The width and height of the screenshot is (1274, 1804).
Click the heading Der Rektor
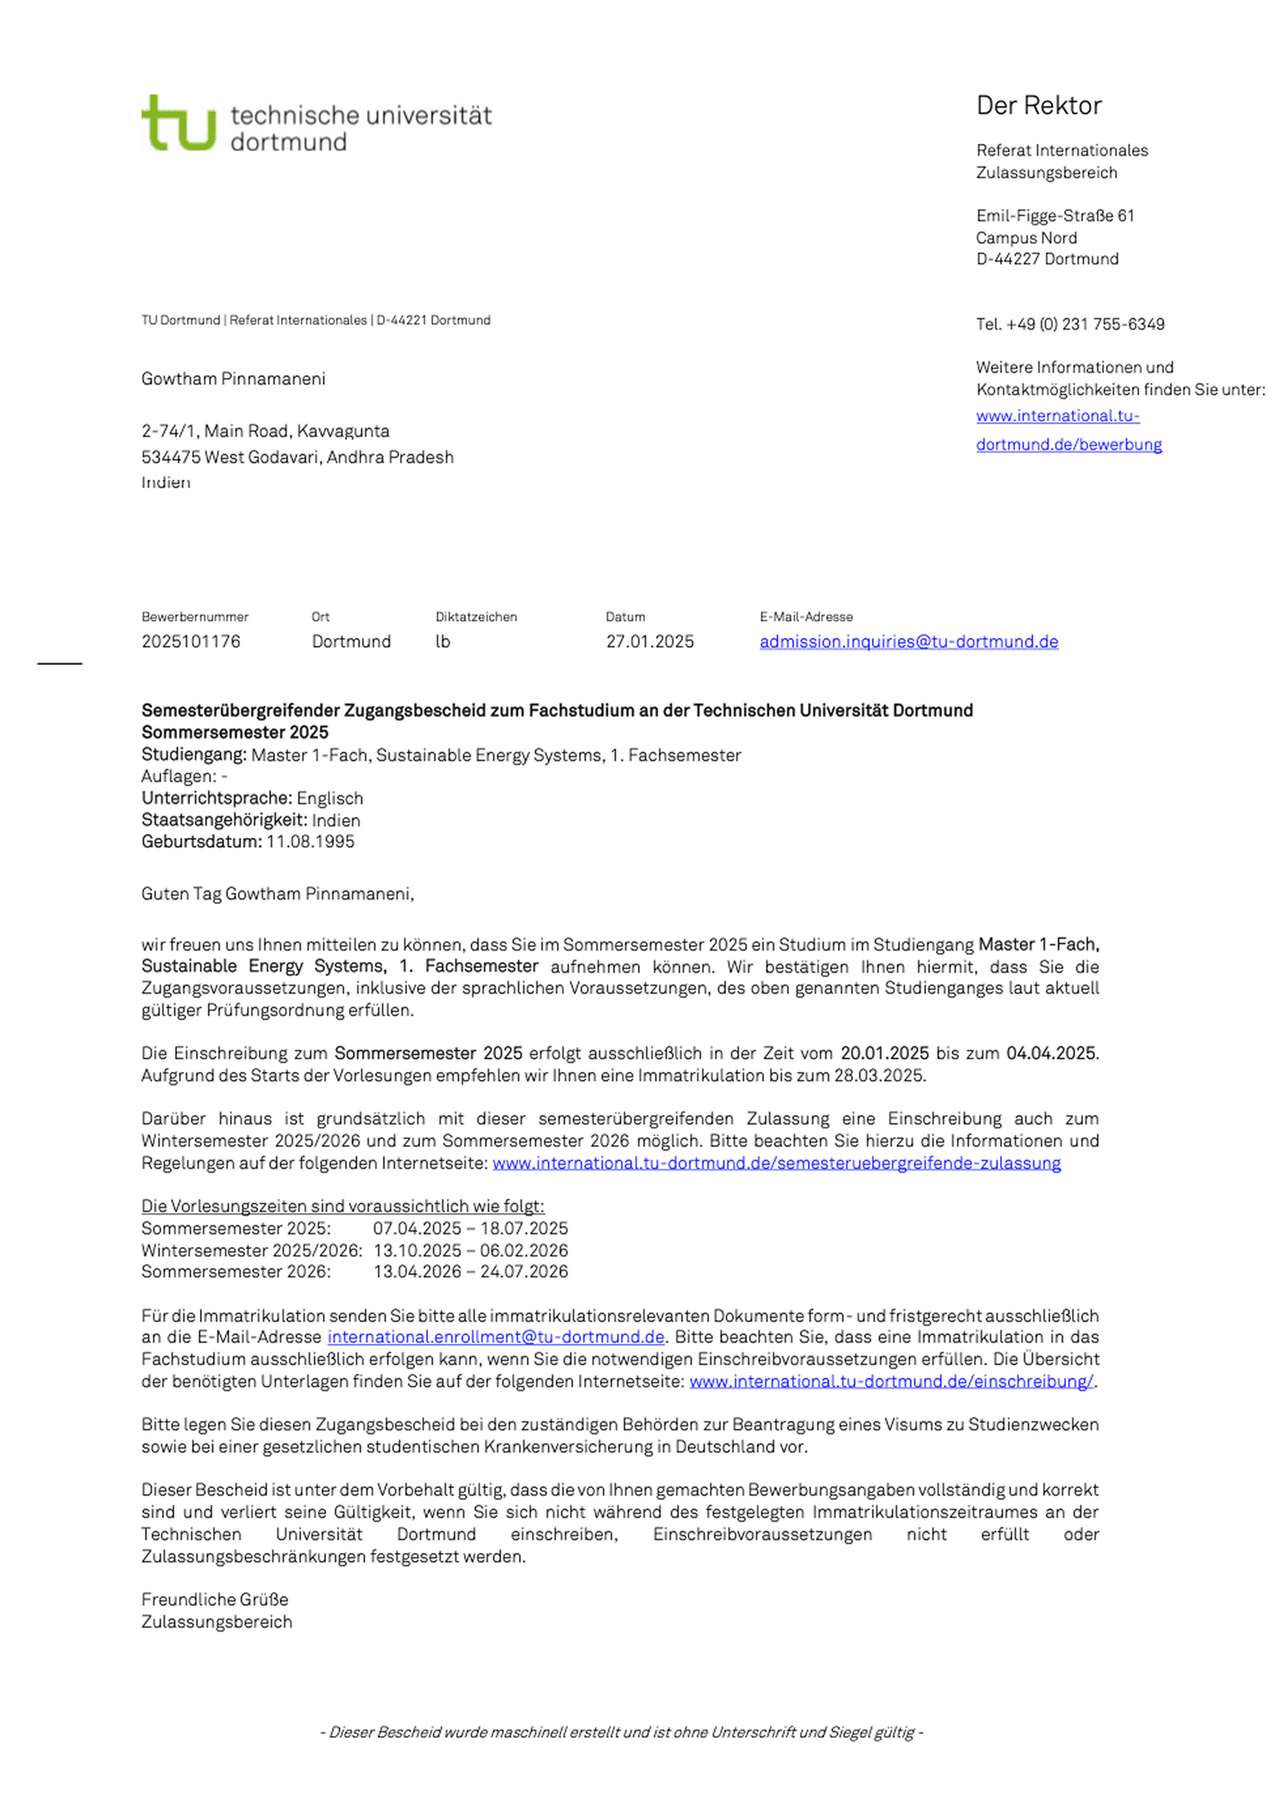click(1039, 106)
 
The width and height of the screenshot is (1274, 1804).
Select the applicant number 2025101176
click(190, 641)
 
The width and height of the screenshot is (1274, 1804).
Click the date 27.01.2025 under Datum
click(649, 641)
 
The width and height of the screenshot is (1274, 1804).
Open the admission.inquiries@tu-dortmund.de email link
click(908, 641)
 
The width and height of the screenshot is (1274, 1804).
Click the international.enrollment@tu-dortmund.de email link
click(495, 1337)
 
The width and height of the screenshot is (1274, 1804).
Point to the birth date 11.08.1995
click(310, 841)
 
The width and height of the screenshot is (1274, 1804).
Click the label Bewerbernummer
click(195, 617)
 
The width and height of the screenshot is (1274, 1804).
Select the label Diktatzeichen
click(476, 617)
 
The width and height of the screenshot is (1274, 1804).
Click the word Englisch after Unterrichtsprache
click(330, 798)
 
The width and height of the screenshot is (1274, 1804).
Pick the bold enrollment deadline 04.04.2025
click(1052, 1053)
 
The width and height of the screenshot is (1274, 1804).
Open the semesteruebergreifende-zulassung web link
click(776, 1163)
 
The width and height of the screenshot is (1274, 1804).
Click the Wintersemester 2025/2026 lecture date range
click(470, 1250)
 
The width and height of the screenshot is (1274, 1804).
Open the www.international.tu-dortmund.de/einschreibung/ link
click(891, 1381)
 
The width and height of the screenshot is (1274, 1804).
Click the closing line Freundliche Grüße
click(215, 1599)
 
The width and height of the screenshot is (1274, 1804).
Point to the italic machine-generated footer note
click(621, 1732)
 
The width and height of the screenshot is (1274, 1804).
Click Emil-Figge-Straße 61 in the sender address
click(1055, 216)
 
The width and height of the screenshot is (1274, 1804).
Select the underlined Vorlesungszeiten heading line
click(343, 1206)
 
